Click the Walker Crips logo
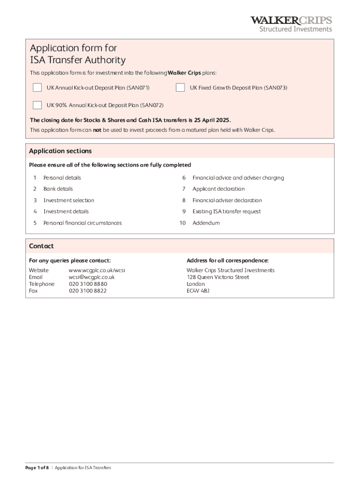coord(291,24)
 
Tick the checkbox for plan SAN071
coord(37,87)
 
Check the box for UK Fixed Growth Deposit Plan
coord(180,87)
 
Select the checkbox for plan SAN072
coord(37,105)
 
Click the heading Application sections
coord(60,151)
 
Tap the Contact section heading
coord(41,246)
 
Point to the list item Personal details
coord(62,178)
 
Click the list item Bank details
coord(58,189)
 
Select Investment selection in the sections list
coord(69,200)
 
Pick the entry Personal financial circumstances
coord(82,223)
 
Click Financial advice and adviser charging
coord(238,178)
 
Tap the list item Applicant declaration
coord(218,189)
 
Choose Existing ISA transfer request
coord(226,211)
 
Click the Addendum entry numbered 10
coord(206,223)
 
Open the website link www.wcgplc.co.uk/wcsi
coord(97,270)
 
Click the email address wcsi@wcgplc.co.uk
coord(92,277)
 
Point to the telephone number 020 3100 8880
coord(88,284)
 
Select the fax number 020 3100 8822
coord(88,290)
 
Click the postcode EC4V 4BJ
coord(198,290)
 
